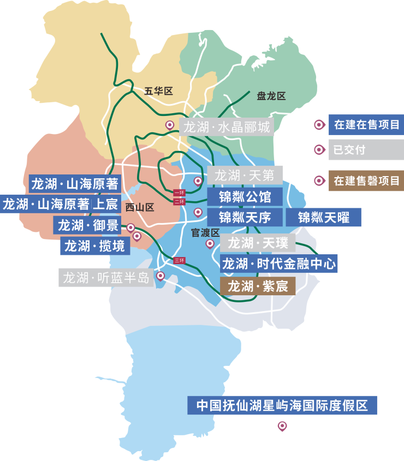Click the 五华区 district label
(x=158, y=91)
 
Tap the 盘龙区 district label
(x=271, y=96)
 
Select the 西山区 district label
(x=140, y=207)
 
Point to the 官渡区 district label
(x=205, y=232)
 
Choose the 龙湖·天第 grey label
(x=245, y=176)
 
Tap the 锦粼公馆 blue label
(x=245, y=196)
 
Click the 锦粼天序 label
(x=245, y=217)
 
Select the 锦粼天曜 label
(x=323, y=217)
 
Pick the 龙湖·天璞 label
(x=257, y=242)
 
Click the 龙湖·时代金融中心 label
(x=278, y=264)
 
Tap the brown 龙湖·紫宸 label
(x=257, y=285)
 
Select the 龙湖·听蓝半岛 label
(x=106, y=278)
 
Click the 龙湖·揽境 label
(x=94, y=246)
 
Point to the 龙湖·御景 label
(x=88, y=225)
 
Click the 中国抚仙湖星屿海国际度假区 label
(x=282, y=406)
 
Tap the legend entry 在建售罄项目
(x=366, y=180)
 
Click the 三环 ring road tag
(x=179, y=260)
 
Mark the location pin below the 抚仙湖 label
(x=282, y=426)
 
